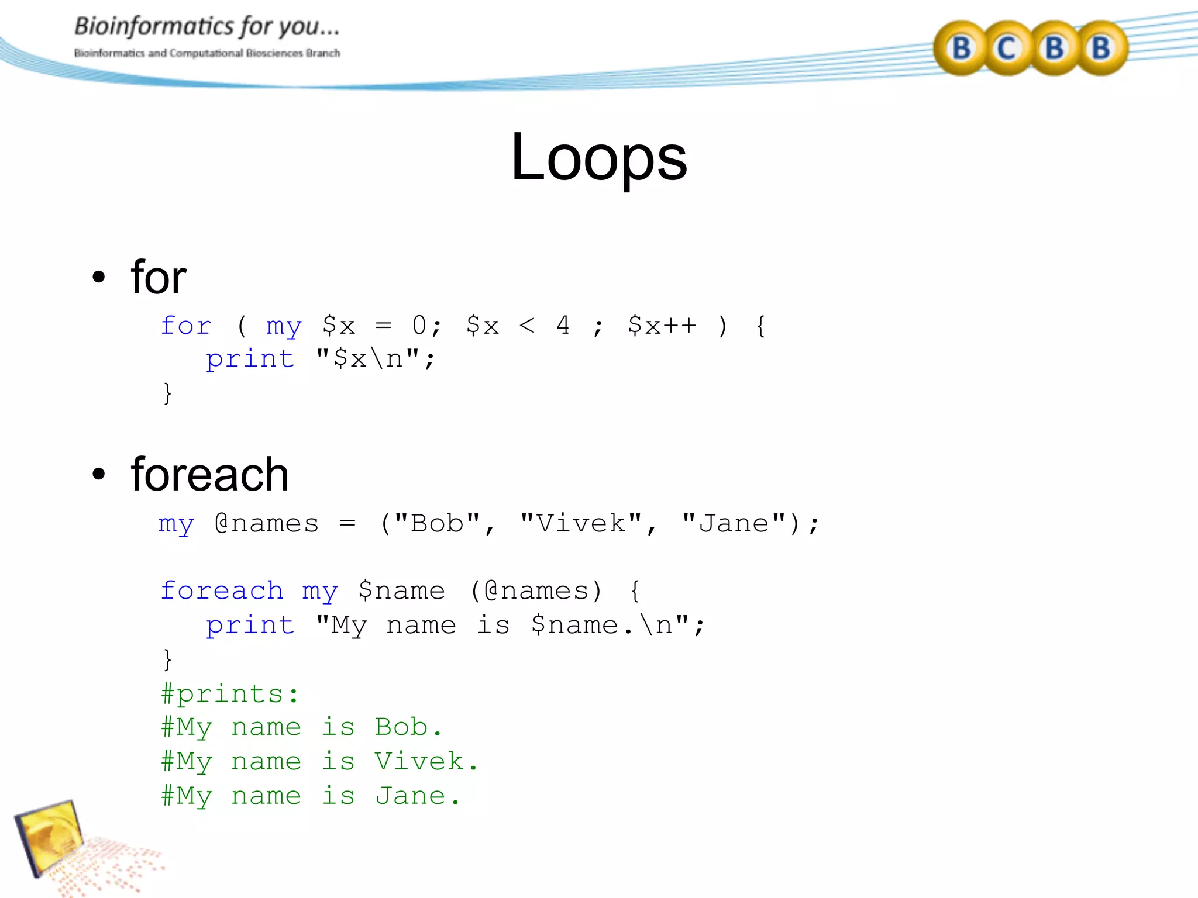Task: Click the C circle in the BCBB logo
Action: [x=1006, y=49]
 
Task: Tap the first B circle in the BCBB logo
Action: [x=961, y=49]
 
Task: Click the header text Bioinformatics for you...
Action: [x=206, y=27]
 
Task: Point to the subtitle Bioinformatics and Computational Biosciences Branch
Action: [x=206, y=53]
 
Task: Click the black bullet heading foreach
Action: [x=209, y=474]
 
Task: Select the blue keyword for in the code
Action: [x=186, y=326]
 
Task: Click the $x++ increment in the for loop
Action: [x=662, y=326]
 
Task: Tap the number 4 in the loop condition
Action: [x=563, y=326]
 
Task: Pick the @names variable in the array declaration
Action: [x=267, y=523]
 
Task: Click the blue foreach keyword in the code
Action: [x=222, y=590]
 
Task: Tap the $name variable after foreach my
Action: [x=401, y=590]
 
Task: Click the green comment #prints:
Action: [x=230, y=694]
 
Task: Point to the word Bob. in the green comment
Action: [x=408, y=727]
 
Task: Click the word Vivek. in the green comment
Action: [x=426, y=761]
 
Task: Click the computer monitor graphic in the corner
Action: [x=50, y=836]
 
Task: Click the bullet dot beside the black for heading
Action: [x=99, y=277]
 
